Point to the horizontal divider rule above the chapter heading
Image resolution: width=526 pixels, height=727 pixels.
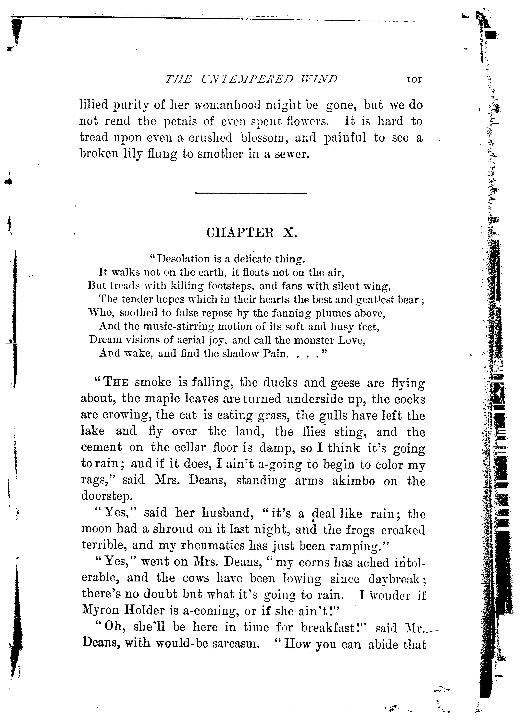coord(251,193)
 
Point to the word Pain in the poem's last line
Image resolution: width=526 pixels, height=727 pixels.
coord(274,353)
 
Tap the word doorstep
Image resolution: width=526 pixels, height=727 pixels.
coord(106,496)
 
